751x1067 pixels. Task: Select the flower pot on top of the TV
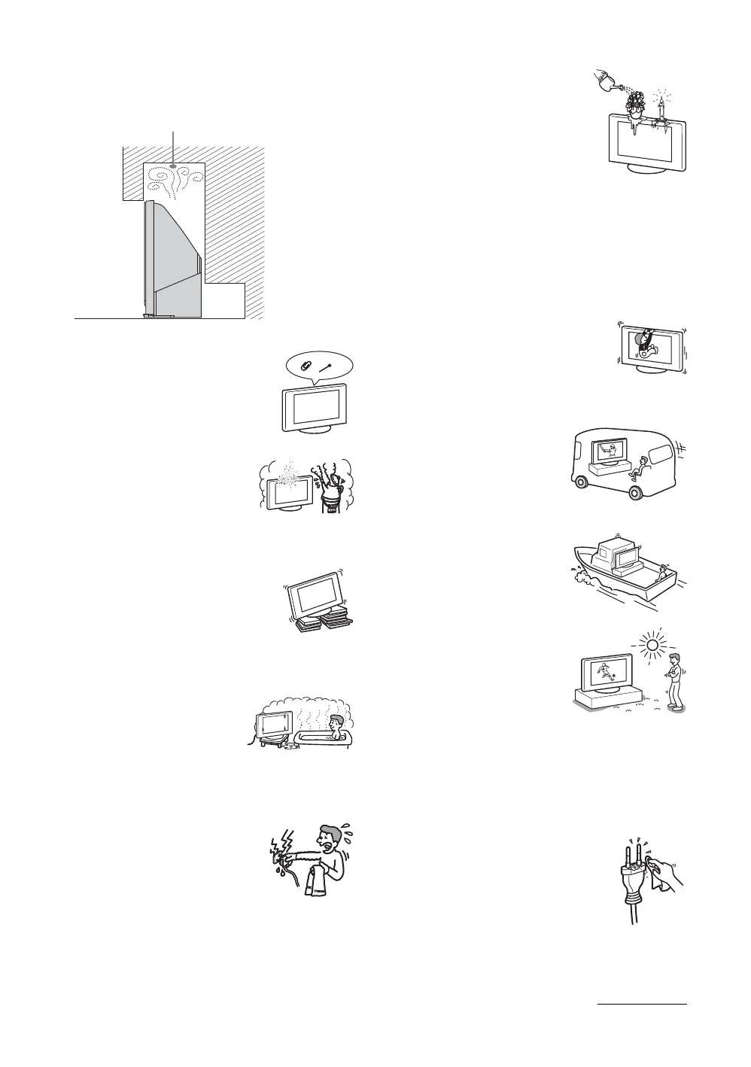point(637,105)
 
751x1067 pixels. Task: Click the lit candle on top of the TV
point(661,108)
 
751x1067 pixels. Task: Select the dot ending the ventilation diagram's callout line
point(174,166)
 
